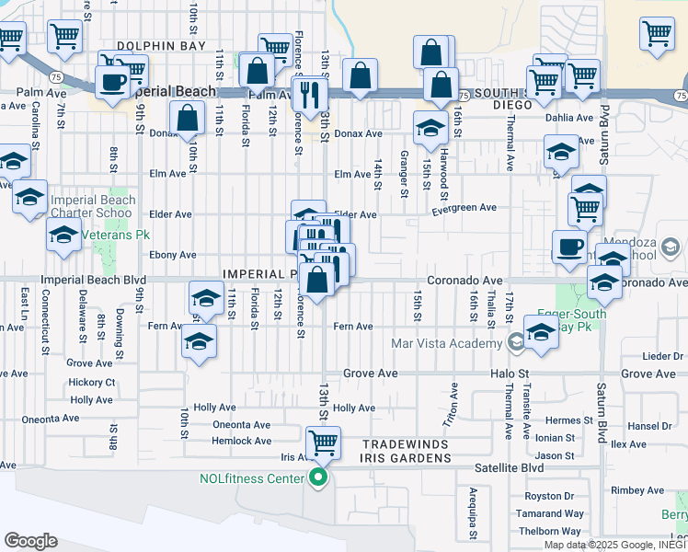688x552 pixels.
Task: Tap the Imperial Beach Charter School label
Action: [x=93, y=206]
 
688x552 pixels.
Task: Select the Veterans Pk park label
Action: [x=113, y=235]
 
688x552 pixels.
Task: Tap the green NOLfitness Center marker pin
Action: [x=318, y=478]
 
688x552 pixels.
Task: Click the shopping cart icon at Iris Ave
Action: [x=323, y=443]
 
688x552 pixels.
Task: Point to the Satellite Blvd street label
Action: [x=510, y=467]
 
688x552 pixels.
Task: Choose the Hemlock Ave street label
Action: [x=242, y=441]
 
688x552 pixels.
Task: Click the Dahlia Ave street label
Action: [x=570, y=118]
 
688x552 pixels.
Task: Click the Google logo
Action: [x=30, y=541]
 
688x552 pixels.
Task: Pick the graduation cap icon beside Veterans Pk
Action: [x=63, y=234]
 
